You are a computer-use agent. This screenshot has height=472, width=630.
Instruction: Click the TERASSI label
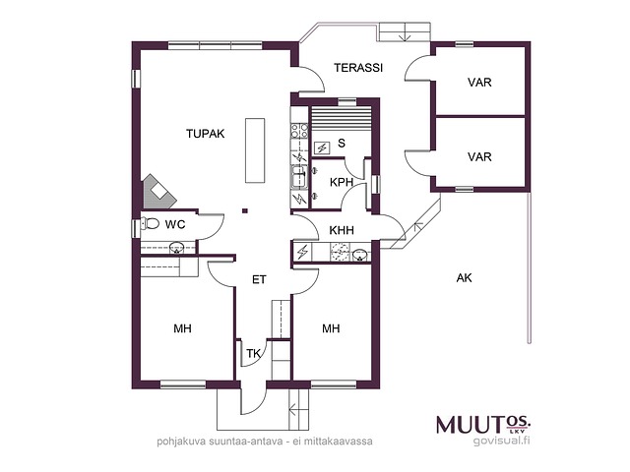click(358, 68)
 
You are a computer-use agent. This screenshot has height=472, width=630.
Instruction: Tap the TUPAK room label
click(206, 134)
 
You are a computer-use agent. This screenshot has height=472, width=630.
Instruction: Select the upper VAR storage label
click(479, 83)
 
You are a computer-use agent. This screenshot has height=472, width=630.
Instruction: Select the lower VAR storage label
click(479, 156)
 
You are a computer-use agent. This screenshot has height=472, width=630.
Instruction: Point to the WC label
click(175, 224)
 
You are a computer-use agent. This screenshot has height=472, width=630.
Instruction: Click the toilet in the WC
click(150, 223)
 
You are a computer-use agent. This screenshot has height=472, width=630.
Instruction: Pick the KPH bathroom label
click(342, 182)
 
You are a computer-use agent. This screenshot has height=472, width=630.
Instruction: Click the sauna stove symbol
click(322, 148)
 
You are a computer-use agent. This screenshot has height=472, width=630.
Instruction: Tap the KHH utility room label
click(342, 230)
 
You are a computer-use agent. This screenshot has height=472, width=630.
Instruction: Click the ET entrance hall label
click(259, 279)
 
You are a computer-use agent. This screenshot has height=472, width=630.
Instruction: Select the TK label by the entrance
click(253, 354)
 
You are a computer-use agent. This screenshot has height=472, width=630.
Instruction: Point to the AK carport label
click(464, 277)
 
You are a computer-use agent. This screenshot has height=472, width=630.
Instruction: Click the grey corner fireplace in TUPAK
click(158, 192)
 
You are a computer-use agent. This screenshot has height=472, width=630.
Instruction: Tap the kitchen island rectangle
click(255, 150)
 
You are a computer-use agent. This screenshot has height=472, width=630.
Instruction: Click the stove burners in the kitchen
click(299, 131)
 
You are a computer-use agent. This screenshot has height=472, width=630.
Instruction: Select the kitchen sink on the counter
click(299, 177)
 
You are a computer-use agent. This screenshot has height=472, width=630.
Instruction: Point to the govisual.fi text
click(501, 441)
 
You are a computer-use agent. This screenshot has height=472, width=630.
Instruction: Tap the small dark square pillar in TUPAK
click(245, 210)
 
